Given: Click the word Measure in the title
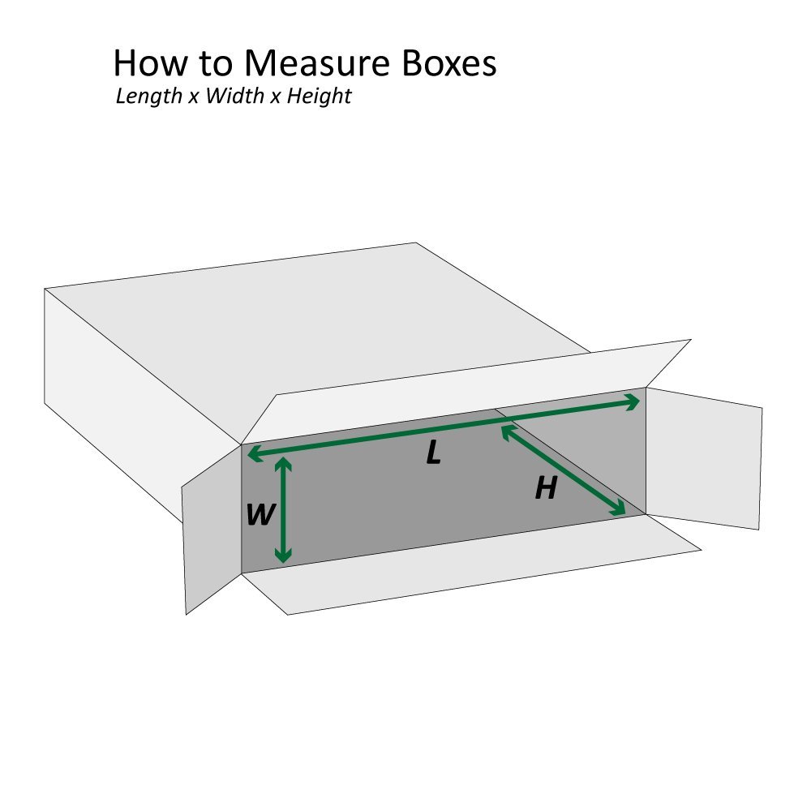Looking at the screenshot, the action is coord(316,63).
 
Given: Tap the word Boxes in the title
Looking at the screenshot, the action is coord(449,63).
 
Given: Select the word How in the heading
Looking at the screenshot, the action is coord(150,63).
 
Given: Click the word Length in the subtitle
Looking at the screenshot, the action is coord(149,97).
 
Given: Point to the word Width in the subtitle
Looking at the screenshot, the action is coord(235,96).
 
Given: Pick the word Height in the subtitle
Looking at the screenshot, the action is coord(319,97).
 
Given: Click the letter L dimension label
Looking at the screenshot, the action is coord(433,453).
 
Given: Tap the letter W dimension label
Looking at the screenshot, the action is coord(260,515).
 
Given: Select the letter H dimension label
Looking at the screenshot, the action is coord(546,488).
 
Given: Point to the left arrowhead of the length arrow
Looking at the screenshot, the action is coord(255,454).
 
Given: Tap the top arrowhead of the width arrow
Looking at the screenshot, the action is coord(283,464).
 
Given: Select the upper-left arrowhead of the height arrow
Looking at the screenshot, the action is coord(509,432).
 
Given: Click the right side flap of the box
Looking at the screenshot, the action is coord(703,459).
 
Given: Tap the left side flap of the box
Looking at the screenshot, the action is coord(212,529).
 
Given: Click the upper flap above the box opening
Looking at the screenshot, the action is coord(466,392).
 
